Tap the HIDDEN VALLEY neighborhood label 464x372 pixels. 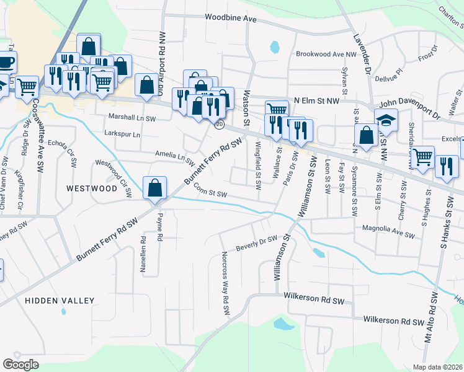tap(60, 301)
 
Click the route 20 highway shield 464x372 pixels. tap(220, 125)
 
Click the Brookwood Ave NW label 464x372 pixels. tap(326, 55)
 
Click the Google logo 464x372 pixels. tap(20, 365)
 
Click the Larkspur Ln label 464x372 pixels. tap(123, 134)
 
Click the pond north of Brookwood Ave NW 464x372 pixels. tap(274, 46)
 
